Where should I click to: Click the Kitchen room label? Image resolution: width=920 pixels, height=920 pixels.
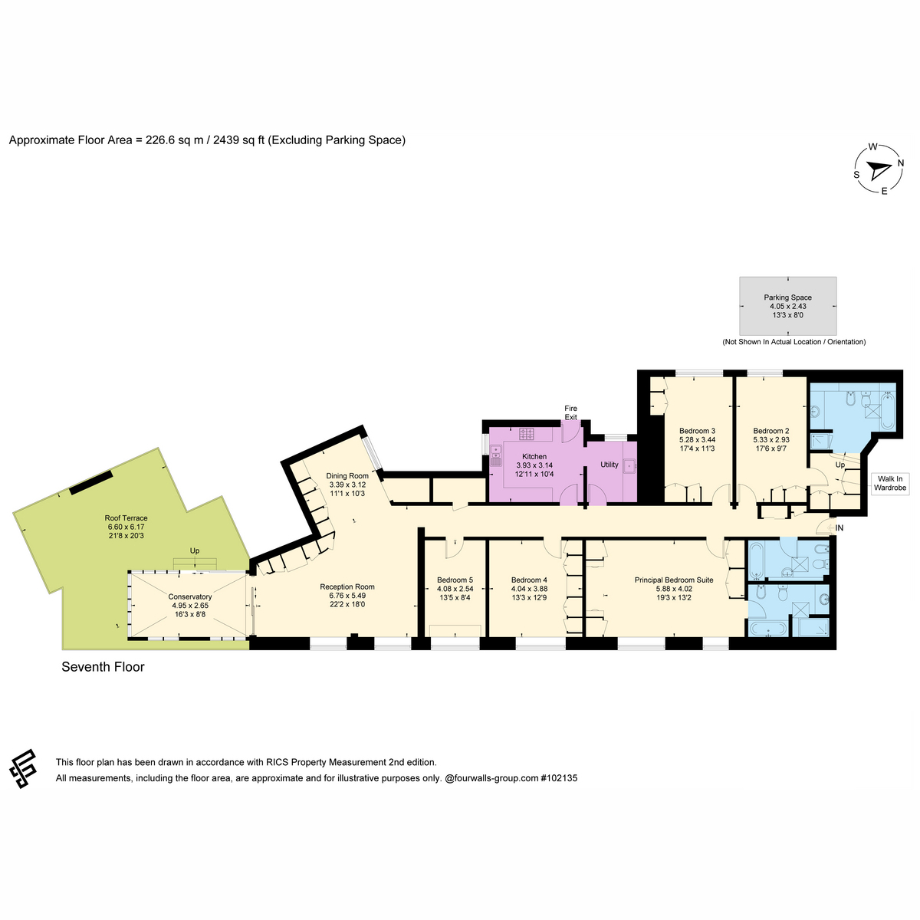pyautogui.click(x=534, y=456)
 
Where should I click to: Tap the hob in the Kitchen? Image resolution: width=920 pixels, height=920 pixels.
pyautogui.click(x=527, y=434)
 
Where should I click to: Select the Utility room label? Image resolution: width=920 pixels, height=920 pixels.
pyautogui.click(x=609, y=465)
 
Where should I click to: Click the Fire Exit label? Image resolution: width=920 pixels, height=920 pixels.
pyautogui.click(x=571, y=412)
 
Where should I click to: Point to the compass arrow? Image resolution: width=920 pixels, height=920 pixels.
pyautogui.click(x=879, y=170)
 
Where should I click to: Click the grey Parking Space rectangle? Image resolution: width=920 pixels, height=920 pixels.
pyautogui.click(x=788, y=306)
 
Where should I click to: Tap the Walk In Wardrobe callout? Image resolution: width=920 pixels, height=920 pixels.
pyautogui.click(x=890, y=483)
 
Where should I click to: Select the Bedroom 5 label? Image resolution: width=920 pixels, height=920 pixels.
pyautogui.click(x=455, y=580)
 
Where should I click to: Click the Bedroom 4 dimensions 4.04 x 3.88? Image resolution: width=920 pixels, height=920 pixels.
pyautogui.click(x=529, y=589)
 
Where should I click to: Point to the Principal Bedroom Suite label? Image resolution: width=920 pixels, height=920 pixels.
pyautogui.click(x=674, y=580)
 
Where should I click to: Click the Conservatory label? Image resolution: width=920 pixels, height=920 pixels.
pyautogui.click(x=190, y=596)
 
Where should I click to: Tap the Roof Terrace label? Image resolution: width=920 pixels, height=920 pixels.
pyautogui.click(x=126, y=518)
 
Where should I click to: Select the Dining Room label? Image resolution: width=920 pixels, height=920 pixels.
pyautogui.click(x=347, y=475)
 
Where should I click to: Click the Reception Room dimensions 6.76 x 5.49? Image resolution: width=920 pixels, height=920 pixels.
pyautogui.click(x=347, y=596)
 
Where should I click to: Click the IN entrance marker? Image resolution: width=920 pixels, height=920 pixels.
pyautogui.click(x=839, y=528)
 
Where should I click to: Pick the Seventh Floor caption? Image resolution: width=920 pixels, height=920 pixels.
pyautogui.click(x=103, y=667)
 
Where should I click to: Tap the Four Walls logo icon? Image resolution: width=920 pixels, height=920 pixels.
pyautogui.click(x=23, y=769)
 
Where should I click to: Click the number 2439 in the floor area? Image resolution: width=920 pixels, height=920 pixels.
pyautogui.click(x=225, y=140)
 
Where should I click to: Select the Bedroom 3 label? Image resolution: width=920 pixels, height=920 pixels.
pyautogui.click(x=697, y=431)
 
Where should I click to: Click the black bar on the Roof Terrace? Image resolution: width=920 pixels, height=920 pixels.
pyautogui.click(x=91, y=483)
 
